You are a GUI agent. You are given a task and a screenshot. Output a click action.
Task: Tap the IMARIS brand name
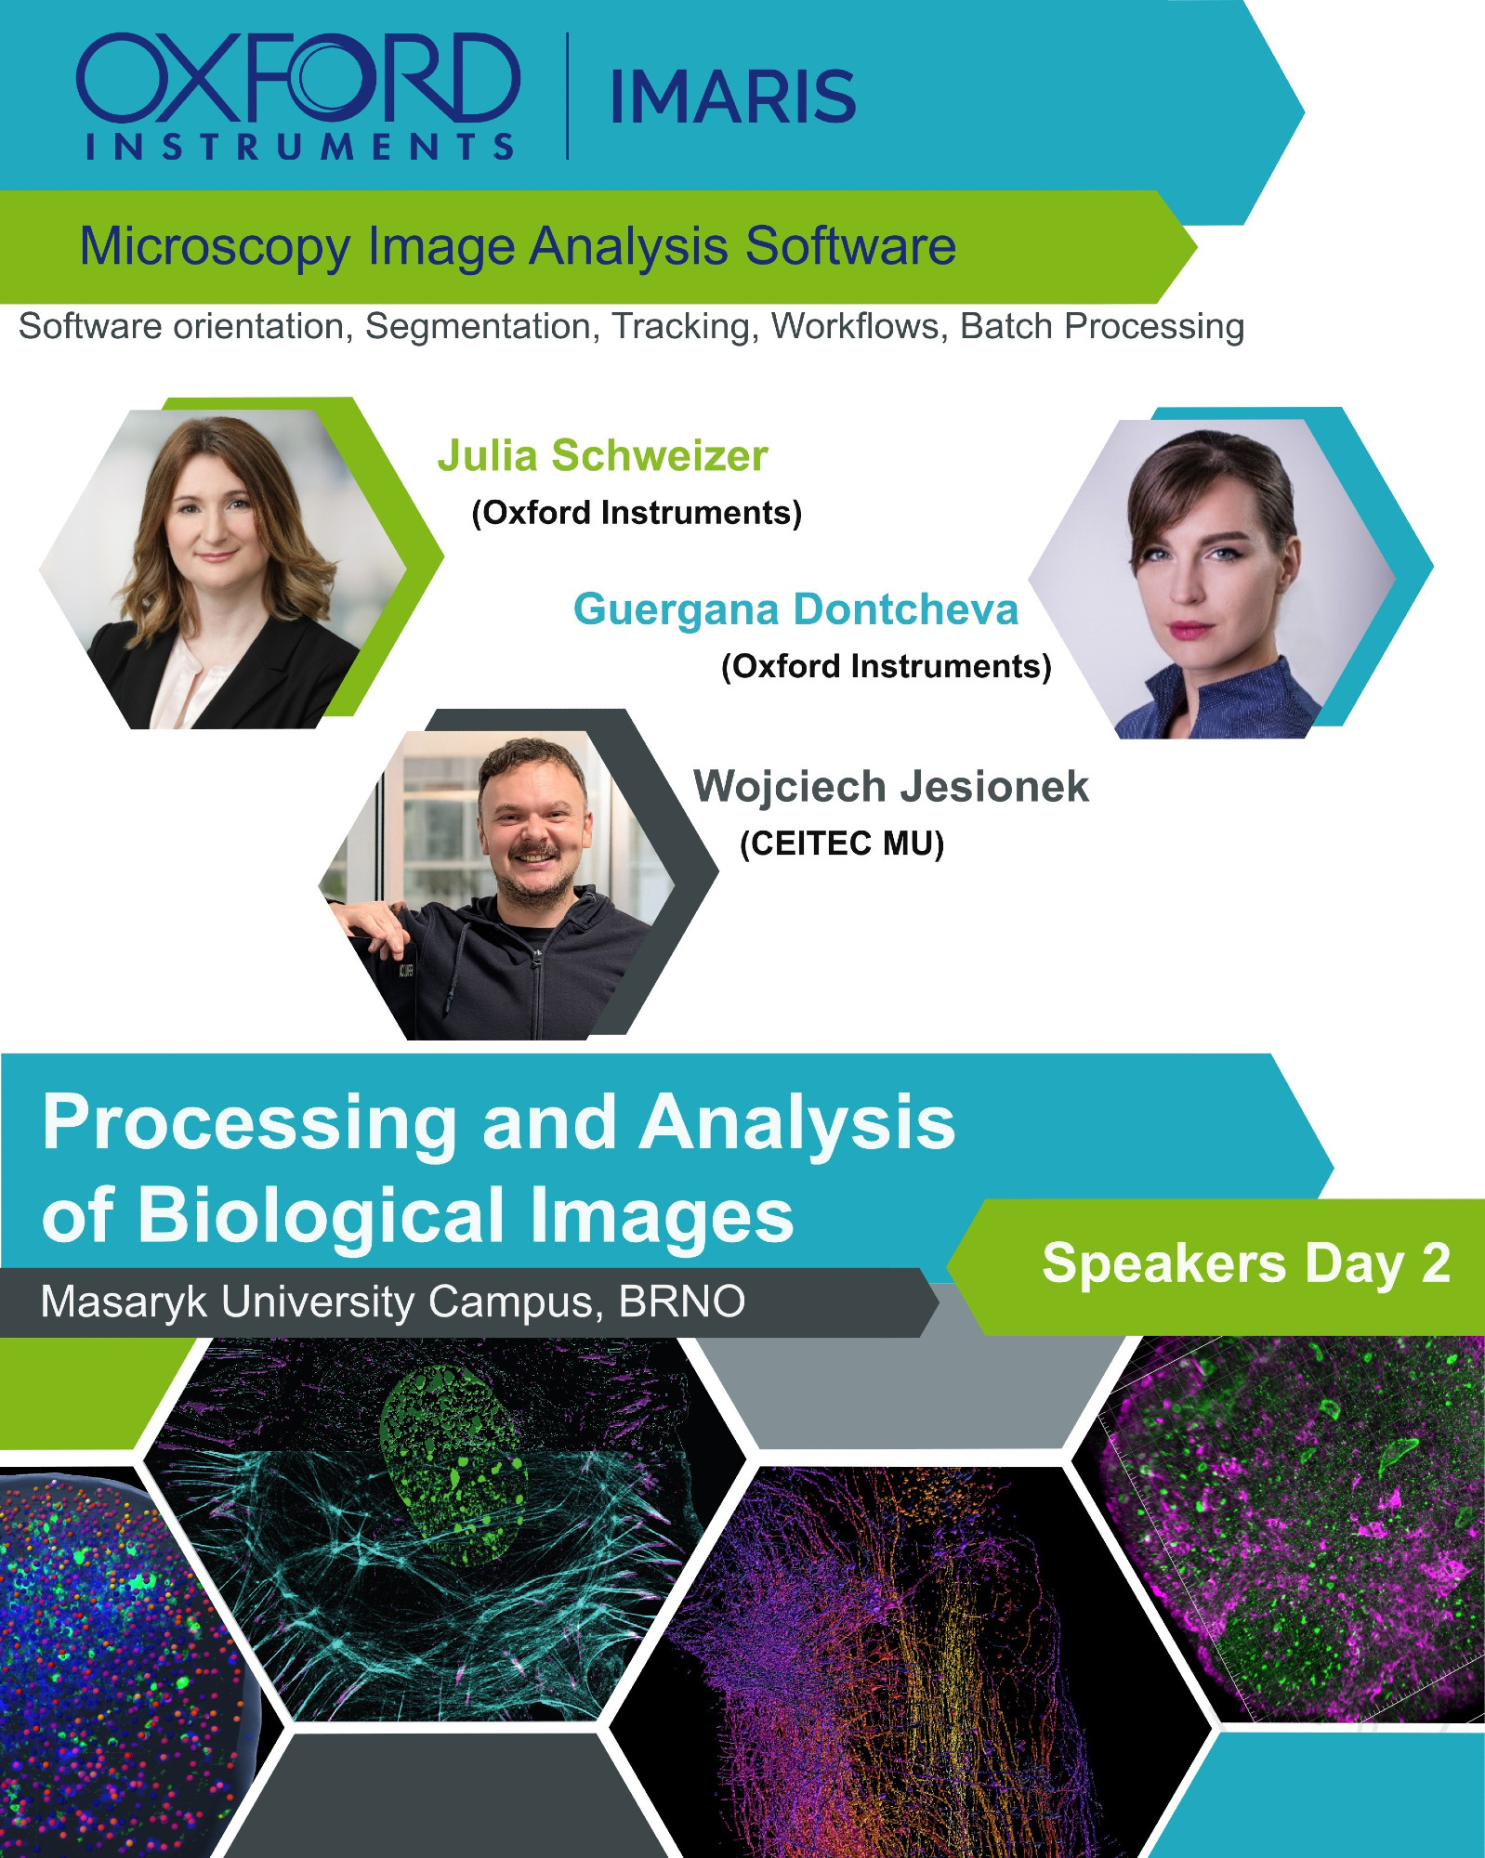point(733,97)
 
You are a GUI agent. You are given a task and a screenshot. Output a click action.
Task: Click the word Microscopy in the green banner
point(215,247)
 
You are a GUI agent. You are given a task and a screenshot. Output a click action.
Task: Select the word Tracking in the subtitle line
point(681,327)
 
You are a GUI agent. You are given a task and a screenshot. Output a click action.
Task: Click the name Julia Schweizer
point(603,455)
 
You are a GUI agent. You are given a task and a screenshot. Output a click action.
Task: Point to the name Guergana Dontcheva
point(796,609)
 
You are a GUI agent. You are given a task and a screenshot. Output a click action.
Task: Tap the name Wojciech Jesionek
point(891,786)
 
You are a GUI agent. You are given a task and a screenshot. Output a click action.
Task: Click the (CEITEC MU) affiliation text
point(842,844)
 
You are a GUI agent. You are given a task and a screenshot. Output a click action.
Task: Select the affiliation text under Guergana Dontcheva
point(887,666)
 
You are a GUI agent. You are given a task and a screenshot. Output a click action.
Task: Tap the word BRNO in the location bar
point(682,1302)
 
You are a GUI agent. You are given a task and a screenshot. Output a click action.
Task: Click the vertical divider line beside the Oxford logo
point(568,97)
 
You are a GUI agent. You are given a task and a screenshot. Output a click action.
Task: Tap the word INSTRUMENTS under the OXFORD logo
point(299,147)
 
